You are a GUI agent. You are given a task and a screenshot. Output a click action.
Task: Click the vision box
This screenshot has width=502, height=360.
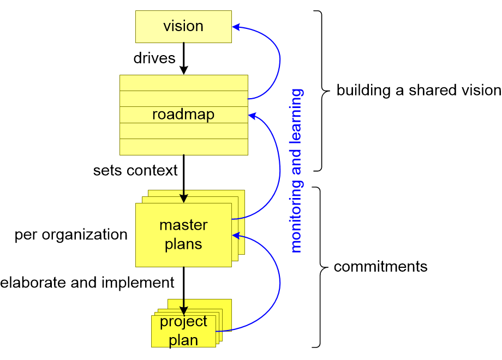coord(183,27)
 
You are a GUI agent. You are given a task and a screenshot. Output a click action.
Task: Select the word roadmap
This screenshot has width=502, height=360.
coord(183,115)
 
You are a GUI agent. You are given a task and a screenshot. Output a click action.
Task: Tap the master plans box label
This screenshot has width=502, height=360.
coord(183,235)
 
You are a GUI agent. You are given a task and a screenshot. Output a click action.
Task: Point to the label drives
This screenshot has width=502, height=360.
coord(154,58)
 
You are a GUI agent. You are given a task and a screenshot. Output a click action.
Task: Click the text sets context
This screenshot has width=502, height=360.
coord(135,170)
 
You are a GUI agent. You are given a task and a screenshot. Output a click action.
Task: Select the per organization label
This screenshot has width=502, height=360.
coord(71,235)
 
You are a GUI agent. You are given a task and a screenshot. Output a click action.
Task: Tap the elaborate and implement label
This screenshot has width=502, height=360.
coord(87,282)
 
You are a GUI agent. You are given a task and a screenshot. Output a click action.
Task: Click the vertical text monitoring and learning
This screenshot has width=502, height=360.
coord(296,170)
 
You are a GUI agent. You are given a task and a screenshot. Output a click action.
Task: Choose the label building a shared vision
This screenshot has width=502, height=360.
coord(418,90)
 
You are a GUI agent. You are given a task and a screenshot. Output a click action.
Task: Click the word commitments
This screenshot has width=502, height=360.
coord(380,267)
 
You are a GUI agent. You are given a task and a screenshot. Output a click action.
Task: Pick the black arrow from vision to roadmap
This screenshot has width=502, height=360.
coord(184,59)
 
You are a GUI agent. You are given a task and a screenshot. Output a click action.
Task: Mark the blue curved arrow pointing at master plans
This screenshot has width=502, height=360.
coord(279,284)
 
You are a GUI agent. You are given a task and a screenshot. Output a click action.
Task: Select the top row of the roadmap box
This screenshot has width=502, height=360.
coord(183,83)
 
